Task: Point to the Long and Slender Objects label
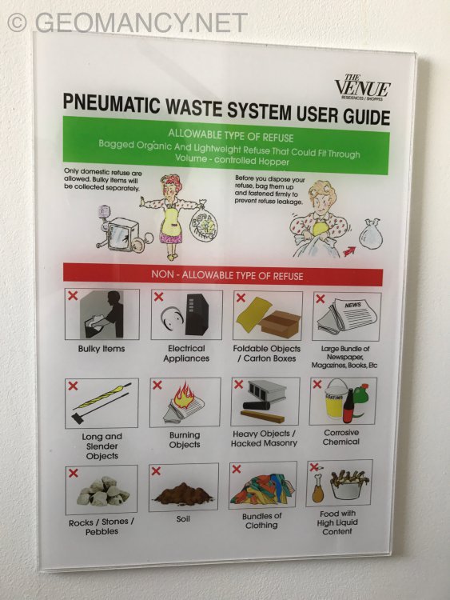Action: [x=101, y=446]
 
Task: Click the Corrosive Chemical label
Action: [x=341, y=437]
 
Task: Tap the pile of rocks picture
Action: [x=102, y=490]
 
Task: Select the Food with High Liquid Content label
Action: [x=338, y=522]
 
